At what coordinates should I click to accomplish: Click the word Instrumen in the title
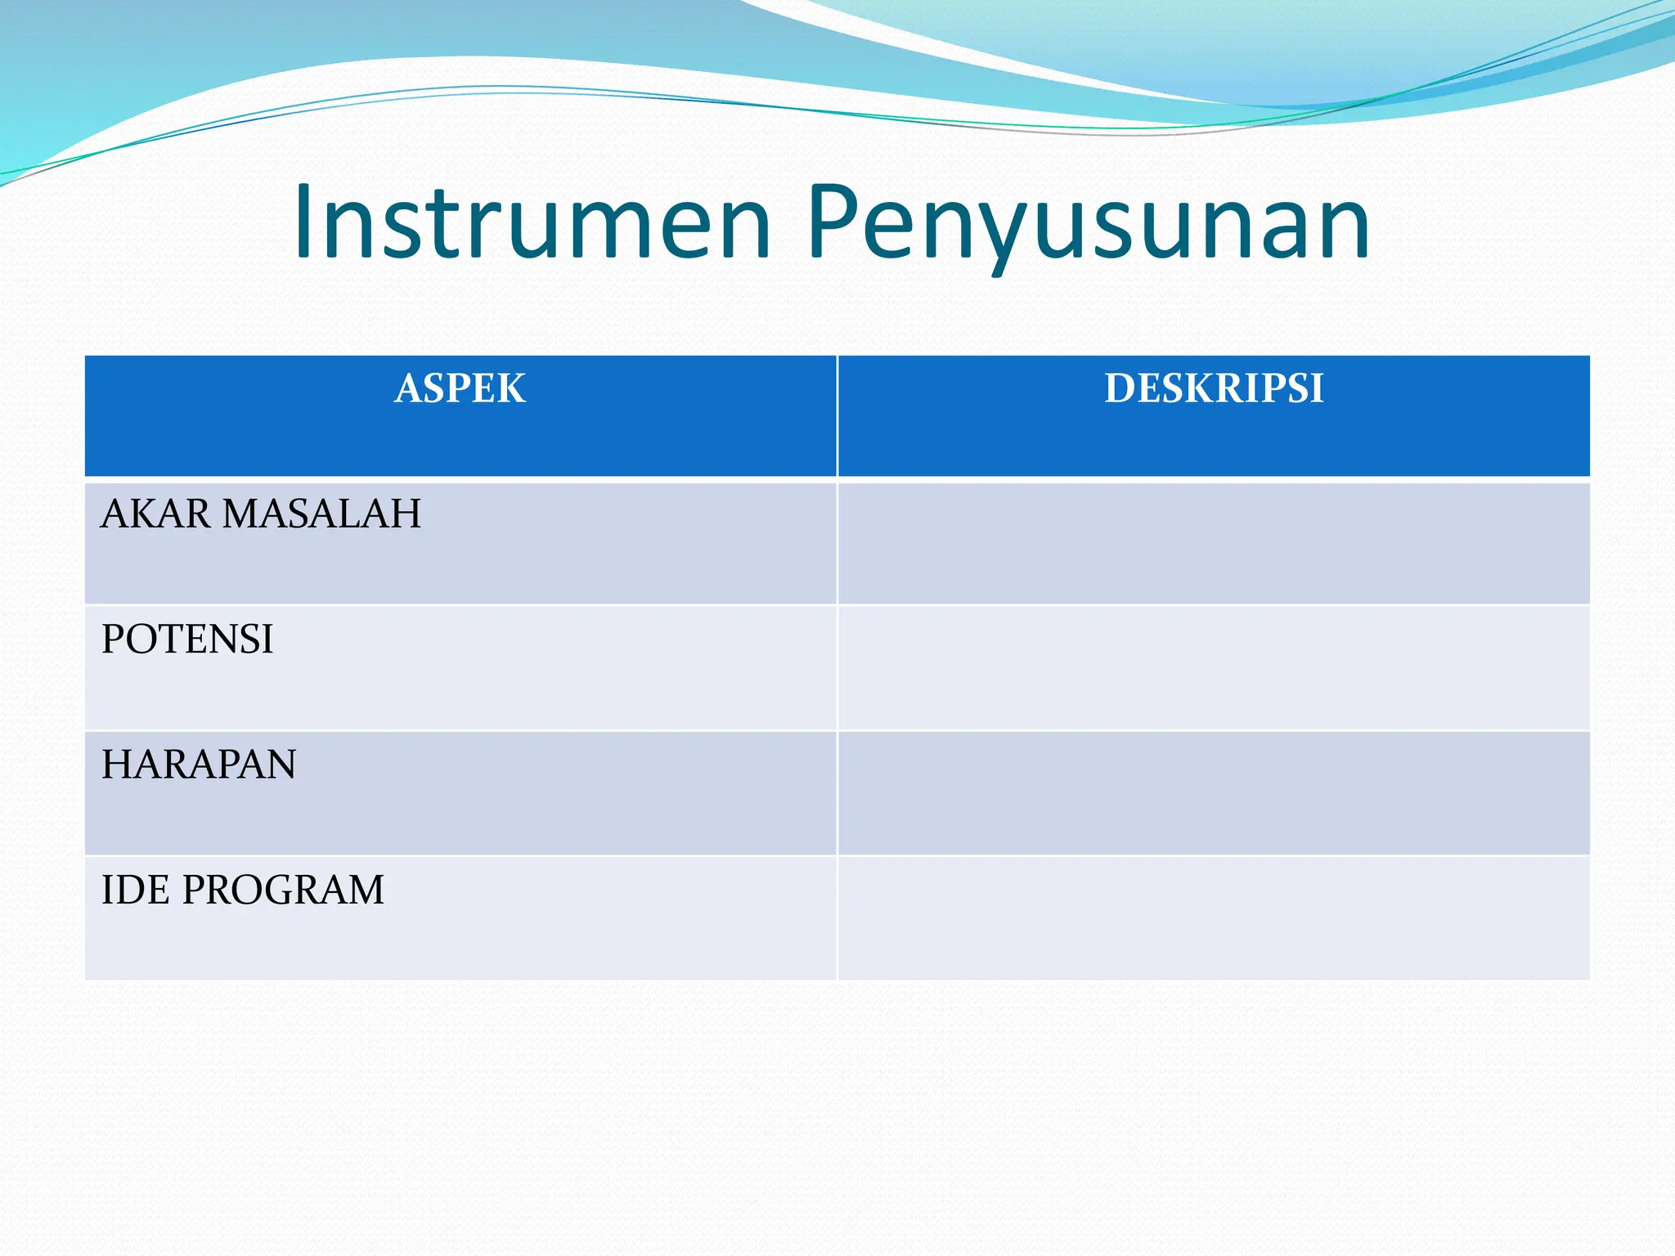tap(532, 222)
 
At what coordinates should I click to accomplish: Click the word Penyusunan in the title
tap(1088, 222)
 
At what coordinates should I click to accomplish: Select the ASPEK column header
tap(460, 388)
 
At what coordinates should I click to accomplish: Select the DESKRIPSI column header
tap(1214, 388)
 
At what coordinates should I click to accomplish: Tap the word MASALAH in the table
tap(321, 514)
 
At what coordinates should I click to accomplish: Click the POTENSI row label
tap(187, 639)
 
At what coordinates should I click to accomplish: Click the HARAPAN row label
tap(199, 765)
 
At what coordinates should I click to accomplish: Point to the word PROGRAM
tap(283, 890)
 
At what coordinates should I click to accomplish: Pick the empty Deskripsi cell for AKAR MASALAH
tap(1214, 543)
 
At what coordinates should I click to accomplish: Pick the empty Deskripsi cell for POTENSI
tap(1214, 668)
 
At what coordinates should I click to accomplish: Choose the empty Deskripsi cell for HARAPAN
tap(1214, 793)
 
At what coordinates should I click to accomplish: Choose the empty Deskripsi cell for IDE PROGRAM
tap(1214, 917)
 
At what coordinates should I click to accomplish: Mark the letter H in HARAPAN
tap(117, 765)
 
